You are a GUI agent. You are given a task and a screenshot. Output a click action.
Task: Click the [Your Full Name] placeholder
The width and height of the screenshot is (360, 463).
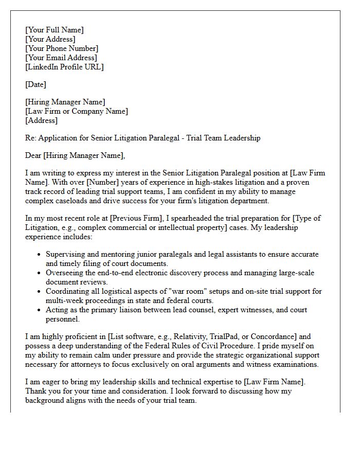pyautogui.click(x=54, y=30)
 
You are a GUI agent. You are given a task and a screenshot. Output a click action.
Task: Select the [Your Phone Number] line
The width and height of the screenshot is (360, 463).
pyautogui.click(x=62, y=48)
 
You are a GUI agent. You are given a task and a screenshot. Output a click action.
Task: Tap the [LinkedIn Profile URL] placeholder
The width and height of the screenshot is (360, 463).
pyautogui.click(x=64, y=67)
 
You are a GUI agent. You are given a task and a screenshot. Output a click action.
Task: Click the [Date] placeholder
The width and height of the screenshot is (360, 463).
pyautogui.click(x=35, y=84)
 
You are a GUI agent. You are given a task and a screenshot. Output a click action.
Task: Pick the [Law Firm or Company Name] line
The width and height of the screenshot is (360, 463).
pyautogui.click(x=77, y=111)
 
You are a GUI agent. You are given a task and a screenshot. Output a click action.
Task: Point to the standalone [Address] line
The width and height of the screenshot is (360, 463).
pyautogui.click(x=41, y=120)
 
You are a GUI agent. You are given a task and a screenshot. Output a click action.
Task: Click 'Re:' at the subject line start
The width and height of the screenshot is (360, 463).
pyautogui.click(x=31, y=138)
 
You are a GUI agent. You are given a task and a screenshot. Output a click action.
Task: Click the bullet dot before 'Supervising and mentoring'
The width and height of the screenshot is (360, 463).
pyautogui.click(x=40, y=255)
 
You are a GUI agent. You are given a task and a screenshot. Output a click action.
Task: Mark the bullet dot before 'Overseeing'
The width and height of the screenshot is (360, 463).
pyautogui.click(x=40, y=273)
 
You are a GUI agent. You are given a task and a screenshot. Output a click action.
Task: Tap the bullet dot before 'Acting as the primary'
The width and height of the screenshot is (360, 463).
pyautogui.click(x=40, y=310)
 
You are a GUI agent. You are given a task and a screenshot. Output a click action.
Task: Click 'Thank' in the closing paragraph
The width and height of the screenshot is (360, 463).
pyautogui.click(x=37, y=391)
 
